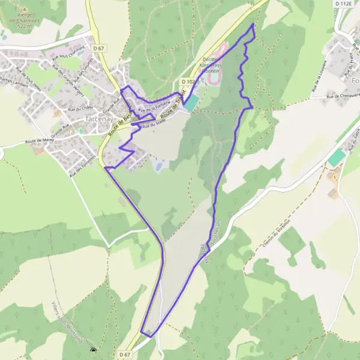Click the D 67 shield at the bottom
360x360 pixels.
coord(124,354)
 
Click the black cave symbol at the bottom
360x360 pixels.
coord(93,352)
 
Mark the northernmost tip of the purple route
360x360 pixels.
coord(253,25)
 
